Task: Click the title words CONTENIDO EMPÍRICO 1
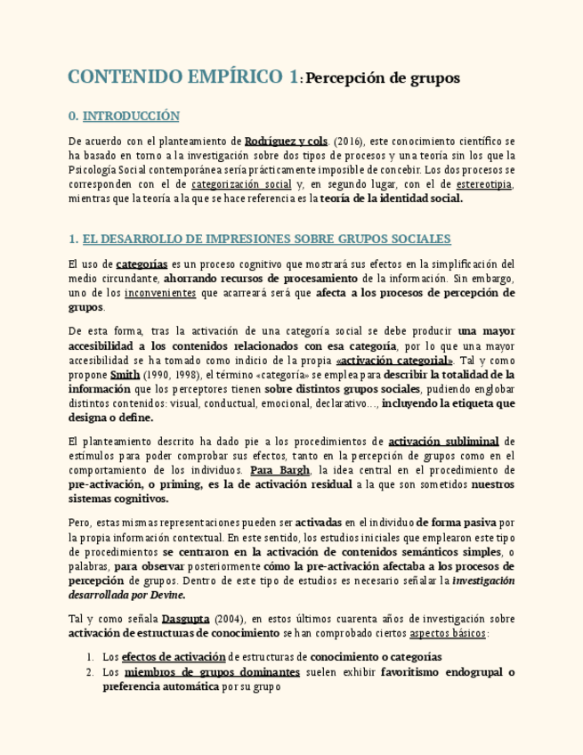(x=183, y=77)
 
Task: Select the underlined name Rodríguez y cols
(x=286, y=141)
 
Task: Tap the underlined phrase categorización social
(x=241, y=184)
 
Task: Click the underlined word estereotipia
(x=484, y=184)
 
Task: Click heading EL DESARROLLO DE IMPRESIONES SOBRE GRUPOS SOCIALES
(x=266, y=239)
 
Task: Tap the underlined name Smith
(x=125, y=375)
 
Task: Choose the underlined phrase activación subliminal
(x=443, y=441)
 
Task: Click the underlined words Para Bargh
(x=279, y=470)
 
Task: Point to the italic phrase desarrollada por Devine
(x=127, y=595)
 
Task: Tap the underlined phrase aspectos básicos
(x=447, y=633)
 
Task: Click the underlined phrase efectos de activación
(x=173, y=658)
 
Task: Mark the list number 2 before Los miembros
(x=90, y=672)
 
